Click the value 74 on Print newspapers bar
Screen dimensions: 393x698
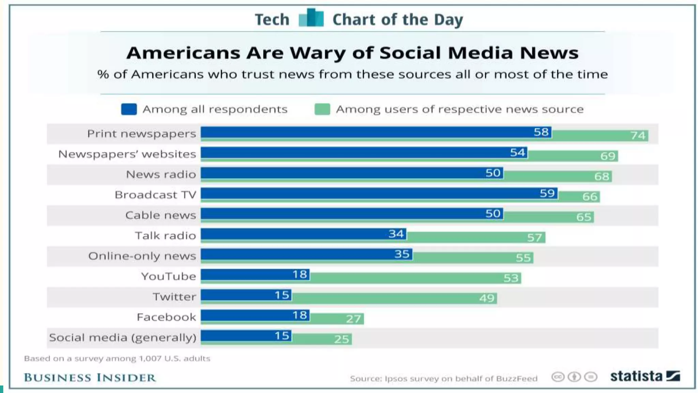coord(638,135)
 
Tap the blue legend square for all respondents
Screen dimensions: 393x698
coord(129,109)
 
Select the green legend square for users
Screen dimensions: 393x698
coord(322,109)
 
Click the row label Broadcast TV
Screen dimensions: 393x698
coord(155,195)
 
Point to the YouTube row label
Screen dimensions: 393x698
coord(168,276)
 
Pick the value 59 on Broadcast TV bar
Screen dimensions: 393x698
coord(547,193)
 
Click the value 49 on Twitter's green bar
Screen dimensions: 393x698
coord(487,298)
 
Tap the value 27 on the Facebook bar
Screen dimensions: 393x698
coord(353,319)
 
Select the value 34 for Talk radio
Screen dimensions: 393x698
coord(396,234)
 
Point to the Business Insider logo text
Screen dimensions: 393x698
coord(90,378)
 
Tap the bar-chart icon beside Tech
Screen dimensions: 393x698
coord(311,18)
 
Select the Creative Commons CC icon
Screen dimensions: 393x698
coord(558,377)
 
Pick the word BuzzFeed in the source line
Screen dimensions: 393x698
coord(517,379)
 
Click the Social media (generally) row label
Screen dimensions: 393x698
coord(123,338)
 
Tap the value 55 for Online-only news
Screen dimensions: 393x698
coord(523,258)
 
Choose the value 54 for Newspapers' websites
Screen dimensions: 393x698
coord(517,152)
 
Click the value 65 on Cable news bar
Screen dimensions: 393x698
coord(583,217)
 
